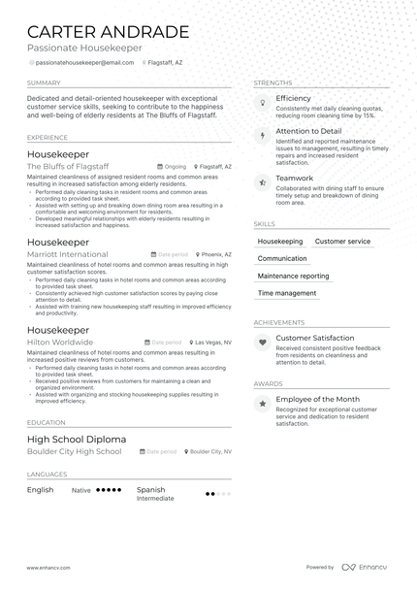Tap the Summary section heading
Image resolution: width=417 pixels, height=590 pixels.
[x=44, y=82]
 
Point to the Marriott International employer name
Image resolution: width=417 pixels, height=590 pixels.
[x=67, y=253]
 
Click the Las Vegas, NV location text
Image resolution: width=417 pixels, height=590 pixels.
[x=213, y=343]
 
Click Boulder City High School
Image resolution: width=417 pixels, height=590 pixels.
[x=75, y=451]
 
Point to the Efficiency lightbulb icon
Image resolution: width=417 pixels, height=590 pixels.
[x=262, y=103]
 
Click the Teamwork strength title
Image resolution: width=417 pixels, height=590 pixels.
[x=295, y=179]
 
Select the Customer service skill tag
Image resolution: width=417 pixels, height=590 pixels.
[x=342, y=241]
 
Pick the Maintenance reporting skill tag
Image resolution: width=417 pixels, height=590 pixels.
[x=293, y=276]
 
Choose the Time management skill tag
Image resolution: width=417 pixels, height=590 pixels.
[x=287, y=293]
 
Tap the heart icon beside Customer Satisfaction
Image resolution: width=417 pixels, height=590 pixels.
[x=262, y=343]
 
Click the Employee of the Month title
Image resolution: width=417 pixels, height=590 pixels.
[x=318, y=399]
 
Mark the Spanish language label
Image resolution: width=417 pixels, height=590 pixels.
[x=150, y=490]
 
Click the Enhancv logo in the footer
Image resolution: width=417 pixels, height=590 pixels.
[x=367, y=567]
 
